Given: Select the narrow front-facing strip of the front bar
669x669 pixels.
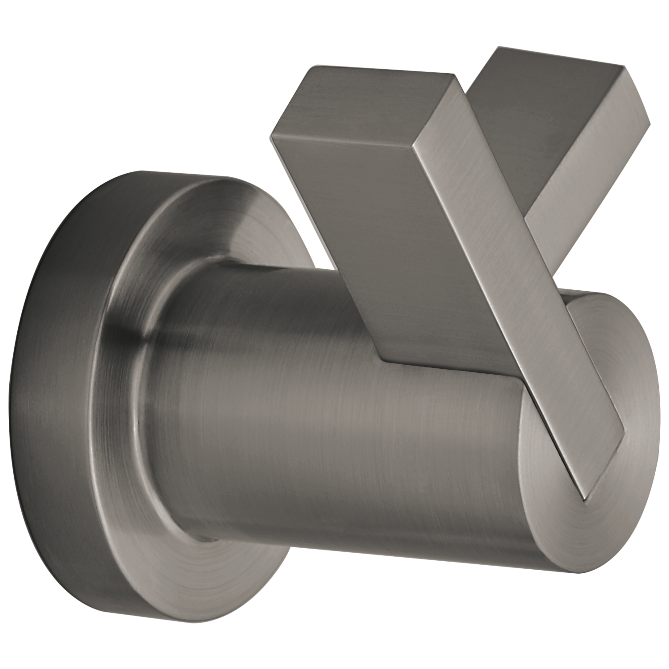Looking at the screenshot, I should pos(502,277).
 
